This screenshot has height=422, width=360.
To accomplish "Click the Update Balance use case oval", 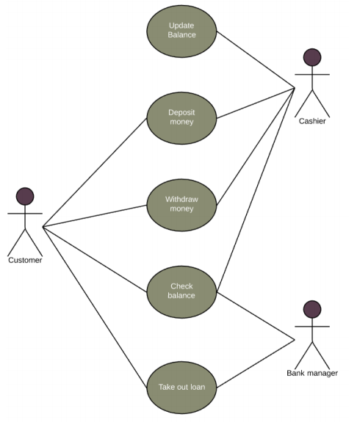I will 181,30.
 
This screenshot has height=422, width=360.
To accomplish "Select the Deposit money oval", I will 181,117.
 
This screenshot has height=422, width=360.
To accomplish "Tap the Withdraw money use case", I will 181,203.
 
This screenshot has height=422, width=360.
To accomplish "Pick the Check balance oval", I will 181,291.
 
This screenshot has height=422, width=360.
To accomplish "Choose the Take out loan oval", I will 181,387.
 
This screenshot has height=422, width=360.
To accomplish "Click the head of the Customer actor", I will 25,196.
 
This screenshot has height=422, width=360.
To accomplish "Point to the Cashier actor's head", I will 312,58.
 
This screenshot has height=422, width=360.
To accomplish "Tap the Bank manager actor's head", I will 312,309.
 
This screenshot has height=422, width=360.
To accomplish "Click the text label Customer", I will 25,260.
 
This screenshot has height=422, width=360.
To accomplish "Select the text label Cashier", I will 312,122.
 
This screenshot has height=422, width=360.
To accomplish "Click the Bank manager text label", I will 312,373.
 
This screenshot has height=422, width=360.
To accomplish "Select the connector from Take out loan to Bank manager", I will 256,363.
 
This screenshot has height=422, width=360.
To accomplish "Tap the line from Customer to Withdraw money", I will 96,216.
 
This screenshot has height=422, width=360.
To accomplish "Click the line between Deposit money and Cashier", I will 256,102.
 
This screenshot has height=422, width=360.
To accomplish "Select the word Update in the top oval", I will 181,25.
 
